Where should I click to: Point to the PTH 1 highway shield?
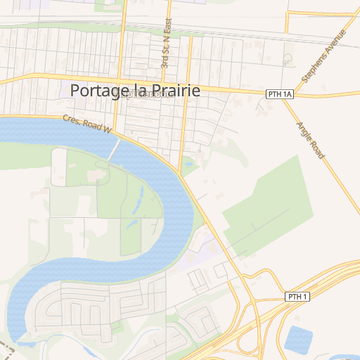click(297, 297)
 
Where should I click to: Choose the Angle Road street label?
click(309, 140)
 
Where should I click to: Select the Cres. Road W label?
click(87, 124)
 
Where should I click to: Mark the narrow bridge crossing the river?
click(115, 148)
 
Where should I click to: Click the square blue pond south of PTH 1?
click(300, 340)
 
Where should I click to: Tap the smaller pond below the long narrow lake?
click(131, 224)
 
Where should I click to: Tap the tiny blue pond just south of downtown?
click(188, 166)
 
